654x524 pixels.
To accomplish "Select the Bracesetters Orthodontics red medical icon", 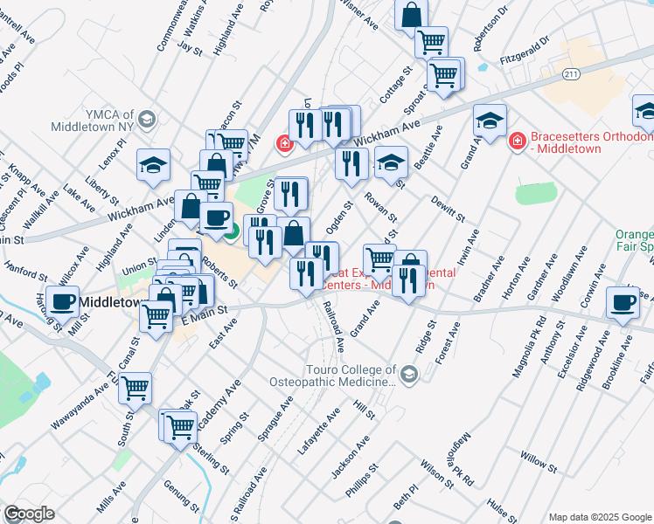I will [516, 140].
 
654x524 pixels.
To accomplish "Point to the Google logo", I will [29, 514].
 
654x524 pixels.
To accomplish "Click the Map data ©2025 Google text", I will [600, 517].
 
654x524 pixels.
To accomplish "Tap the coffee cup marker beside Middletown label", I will [62, 301].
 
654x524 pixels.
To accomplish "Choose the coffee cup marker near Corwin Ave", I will [622, 302].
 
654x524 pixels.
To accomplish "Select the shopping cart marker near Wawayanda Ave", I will [136, 386].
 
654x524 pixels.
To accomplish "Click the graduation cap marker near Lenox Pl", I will [153, 164].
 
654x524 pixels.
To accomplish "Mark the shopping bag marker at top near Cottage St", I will [411, 15].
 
